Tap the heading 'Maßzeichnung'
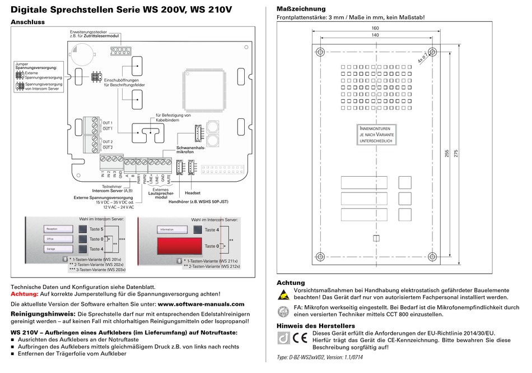click(x=301, y=9)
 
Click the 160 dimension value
click(x=375, y=28)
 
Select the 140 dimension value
click(x=375, y=35)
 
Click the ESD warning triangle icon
click(x=283, y=294)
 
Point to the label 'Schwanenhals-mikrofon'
click(x=190, y=149)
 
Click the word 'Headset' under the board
click(x=192, y=193)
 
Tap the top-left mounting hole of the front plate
click(x=319, y=52)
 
